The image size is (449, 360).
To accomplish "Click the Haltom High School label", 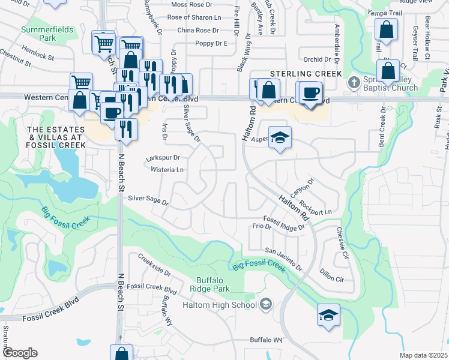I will (219, 305).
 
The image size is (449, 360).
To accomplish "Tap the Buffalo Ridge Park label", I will (213, 284).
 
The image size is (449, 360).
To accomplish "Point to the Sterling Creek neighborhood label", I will (306, 73).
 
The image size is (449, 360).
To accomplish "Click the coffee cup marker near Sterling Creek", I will (310, 94).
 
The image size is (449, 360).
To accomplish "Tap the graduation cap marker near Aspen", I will (280, 138).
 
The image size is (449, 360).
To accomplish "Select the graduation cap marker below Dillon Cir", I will (328, 315).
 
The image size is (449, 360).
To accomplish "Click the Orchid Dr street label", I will (318, 59).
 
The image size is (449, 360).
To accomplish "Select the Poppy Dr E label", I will (211, 44).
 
